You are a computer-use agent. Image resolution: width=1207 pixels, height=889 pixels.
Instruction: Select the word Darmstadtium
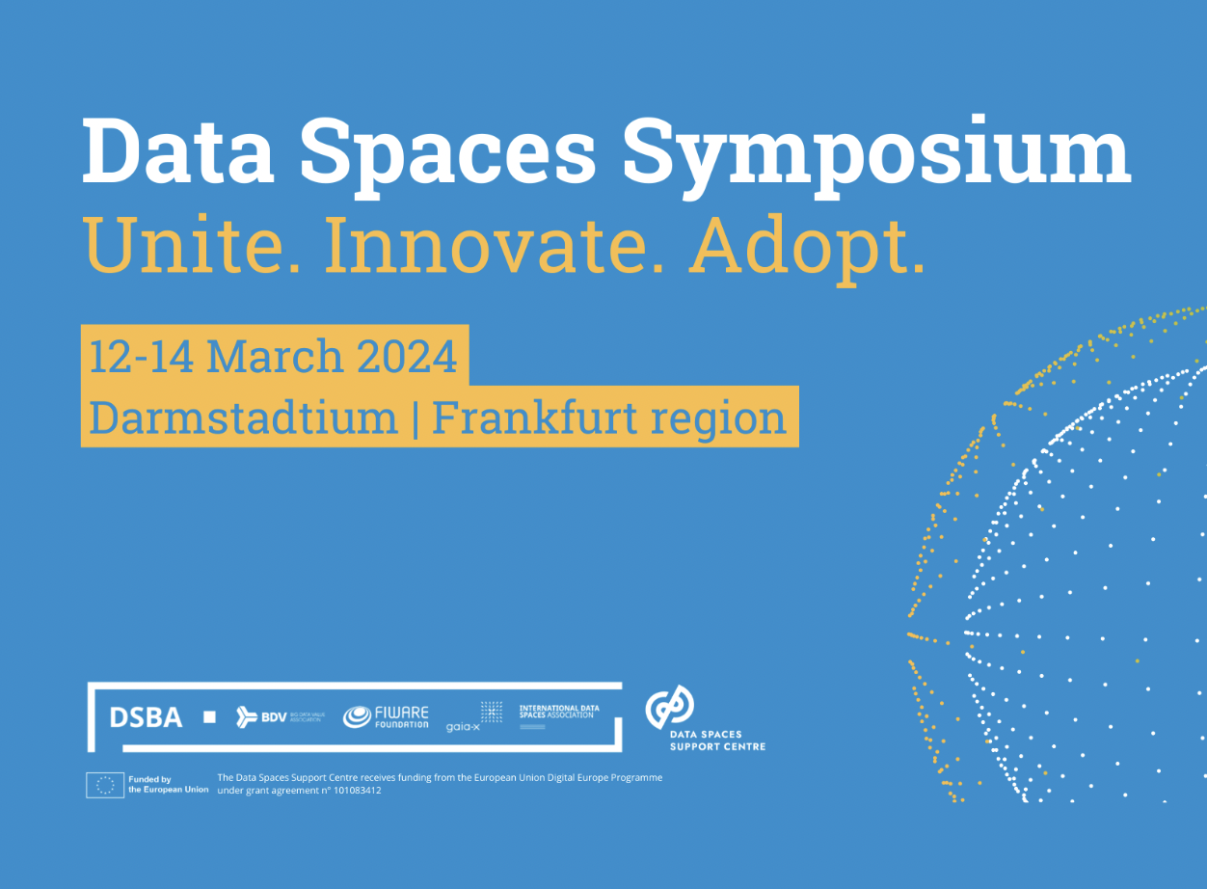point(243,418)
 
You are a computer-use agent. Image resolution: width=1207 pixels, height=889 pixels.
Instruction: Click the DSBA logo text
point(146,717)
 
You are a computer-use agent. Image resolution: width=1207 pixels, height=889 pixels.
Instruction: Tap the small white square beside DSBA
point(209,717)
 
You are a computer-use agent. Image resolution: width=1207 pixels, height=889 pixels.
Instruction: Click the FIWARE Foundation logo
point(387,716)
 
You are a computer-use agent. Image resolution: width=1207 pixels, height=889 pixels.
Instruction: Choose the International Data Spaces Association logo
point(559,714)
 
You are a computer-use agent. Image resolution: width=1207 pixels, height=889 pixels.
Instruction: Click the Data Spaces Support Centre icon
point(669,708)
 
